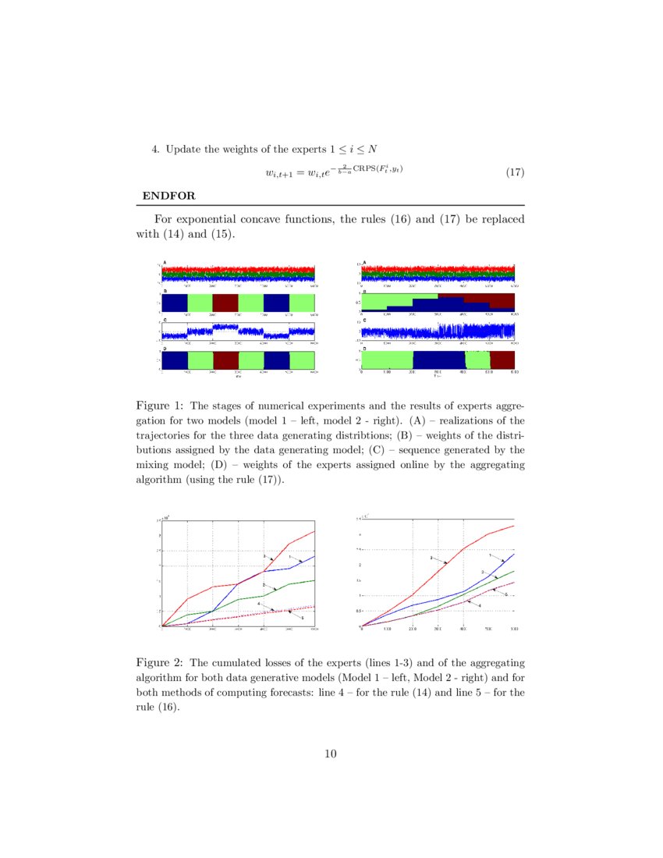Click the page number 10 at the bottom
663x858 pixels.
point(331,753)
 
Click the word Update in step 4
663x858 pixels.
point(183,149)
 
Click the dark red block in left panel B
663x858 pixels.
point(225,303)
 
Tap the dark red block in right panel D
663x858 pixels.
point(502,360)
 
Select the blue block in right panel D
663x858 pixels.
point(438,360)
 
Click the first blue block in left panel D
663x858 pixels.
point(175,360)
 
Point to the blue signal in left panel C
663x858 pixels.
point(226,328)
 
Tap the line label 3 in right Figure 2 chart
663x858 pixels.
point(431,558)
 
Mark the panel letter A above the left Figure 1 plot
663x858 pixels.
point(165,263)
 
